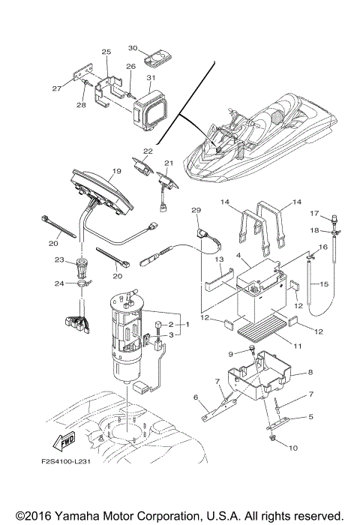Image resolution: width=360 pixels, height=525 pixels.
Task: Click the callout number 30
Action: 132,48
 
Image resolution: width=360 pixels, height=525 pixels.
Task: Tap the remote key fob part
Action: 157,55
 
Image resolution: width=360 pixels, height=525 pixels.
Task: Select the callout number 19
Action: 116,171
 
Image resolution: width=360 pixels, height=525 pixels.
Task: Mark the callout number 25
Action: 106,52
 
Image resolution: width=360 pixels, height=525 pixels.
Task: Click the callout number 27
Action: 76,88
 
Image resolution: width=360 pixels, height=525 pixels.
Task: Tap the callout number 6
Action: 196,398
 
